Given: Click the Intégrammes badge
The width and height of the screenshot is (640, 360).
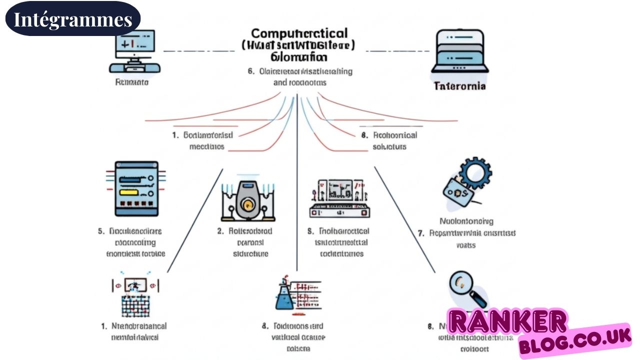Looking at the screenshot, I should click(x=72, y=18).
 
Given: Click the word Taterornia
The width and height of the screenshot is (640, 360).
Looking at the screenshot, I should click(x=459, y=86).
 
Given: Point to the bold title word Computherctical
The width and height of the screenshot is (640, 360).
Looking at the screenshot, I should click(x=299, y=33).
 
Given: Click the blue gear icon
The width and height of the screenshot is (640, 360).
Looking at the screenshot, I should click(x=474, y=172).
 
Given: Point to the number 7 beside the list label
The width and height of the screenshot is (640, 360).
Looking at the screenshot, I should click(x=420, y=233).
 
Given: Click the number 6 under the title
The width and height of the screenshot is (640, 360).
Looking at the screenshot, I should click(x=251, y=71).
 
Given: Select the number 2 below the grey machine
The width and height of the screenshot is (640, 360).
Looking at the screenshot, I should click(x=219, y=231).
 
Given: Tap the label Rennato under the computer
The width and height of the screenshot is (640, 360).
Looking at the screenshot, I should click(x=131, y=82).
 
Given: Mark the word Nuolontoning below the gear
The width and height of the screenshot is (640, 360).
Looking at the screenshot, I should click(x=466, y=221).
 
